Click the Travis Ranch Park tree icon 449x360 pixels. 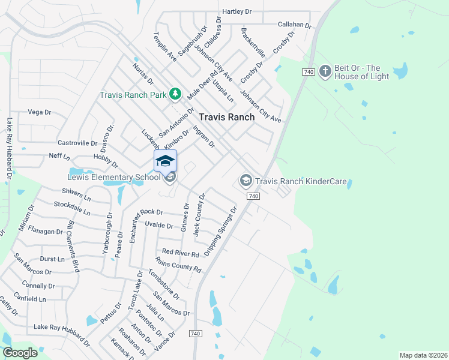[x=175, y=94]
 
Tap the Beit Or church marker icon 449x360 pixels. [x=325, y=72]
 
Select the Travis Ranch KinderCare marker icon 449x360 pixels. [x=246, y=180]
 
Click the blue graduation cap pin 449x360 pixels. [x=166, y=161]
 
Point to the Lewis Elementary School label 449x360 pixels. [x=113, y=177]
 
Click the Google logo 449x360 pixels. [x=20, y=353]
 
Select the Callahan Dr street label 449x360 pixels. [x=295, y=25]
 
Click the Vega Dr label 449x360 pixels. [x=40, y=112]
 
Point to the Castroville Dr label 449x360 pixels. [x=77, y=143]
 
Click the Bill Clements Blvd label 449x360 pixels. [x=74, y=246]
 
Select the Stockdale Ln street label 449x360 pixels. [x=71, y=208]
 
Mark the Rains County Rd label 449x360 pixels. [x=178, y=265]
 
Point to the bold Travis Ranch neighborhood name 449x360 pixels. [x=226, y=118]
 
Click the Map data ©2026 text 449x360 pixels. [x=423, y=355]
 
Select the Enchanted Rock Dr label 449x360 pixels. [x=142, y=212]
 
